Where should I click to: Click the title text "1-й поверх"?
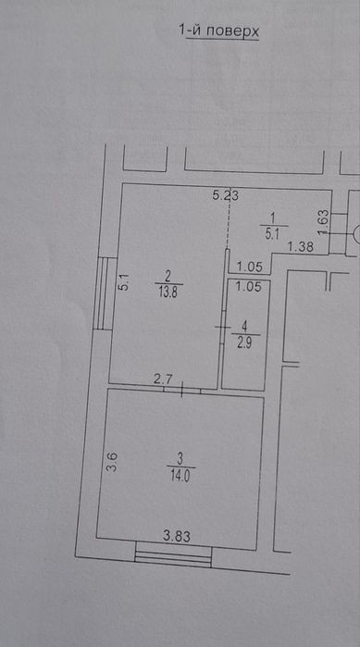218,31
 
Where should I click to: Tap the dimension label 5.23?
226,195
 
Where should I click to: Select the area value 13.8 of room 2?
168,292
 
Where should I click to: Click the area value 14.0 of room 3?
181,477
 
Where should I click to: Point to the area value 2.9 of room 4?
245,343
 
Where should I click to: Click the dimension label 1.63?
324,223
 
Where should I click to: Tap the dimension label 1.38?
300,247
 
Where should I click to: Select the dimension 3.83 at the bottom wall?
177,537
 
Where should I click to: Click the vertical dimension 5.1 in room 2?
125,283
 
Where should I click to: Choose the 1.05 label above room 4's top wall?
250,268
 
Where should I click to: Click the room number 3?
180,458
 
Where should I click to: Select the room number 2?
168,274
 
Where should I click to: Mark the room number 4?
245,327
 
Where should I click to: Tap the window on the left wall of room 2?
103,293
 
